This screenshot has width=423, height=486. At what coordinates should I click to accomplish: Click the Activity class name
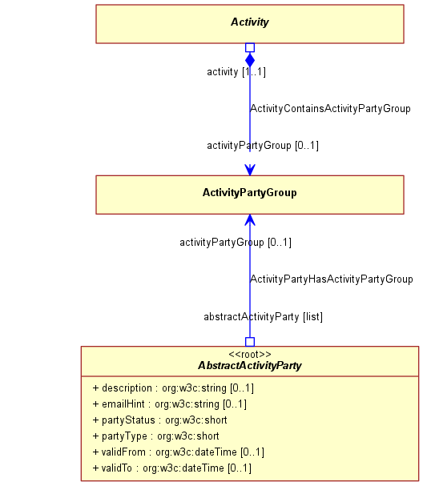(250, 22)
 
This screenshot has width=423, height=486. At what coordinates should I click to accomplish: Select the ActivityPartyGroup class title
(250, 192)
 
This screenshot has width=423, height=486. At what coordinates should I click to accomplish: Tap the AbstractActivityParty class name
(250, 365)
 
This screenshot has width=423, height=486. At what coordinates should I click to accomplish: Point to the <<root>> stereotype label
(250, 354)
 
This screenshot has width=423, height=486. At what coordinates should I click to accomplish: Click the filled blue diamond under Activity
(250, 60)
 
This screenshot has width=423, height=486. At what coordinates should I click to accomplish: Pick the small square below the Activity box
(250, 47)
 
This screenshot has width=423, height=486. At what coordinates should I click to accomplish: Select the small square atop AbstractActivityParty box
(250, 342)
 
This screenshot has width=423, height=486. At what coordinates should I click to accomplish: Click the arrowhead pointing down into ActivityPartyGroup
(250, 170)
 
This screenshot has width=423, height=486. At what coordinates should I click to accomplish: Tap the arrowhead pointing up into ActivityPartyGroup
(250, 219)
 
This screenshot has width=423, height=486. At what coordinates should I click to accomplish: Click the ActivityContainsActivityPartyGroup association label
(330, 109)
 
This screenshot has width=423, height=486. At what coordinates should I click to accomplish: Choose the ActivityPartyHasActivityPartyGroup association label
(332, 279)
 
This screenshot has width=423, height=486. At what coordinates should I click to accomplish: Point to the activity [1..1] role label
(236, 72)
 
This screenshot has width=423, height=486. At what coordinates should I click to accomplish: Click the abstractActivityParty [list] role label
(264, 317)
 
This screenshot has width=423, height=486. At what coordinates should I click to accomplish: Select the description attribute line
(173, 388)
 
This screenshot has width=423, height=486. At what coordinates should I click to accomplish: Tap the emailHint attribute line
(170, 404)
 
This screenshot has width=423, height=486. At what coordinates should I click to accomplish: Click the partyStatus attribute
(159, 420)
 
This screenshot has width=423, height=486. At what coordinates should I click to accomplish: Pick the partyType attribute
(155, 436)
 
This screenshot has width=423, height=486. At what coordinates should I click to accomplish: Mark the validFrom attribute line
(179, 452)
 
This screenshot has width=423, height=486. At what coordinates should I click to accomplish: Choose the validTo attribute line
(171, 468)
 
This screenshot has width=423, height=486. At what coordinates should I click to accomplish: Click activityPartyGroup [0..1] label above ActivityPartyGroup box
(263, 146)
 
